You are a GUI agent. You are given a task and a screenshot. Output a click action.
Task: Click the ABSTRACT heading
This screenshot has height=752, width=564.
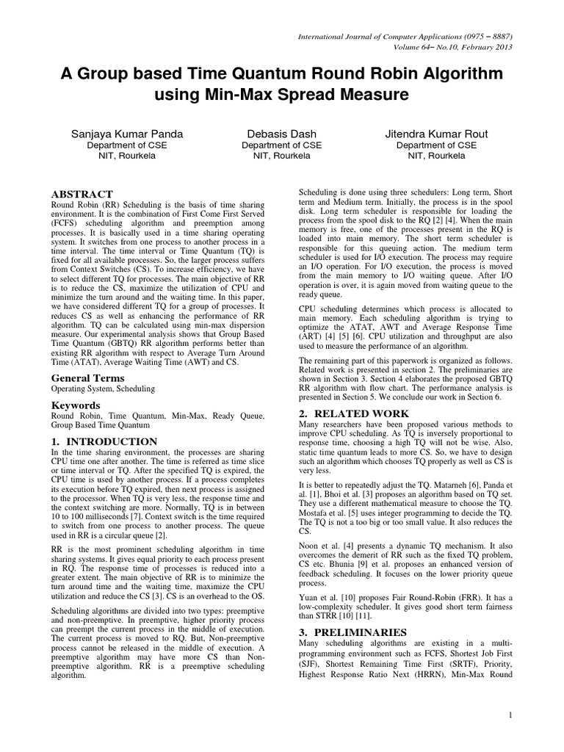click(x=82, y=193)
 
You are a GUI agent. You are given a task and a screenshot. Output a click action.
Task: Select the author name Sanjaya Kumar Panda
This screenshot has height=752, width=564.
click(x=128, y=134)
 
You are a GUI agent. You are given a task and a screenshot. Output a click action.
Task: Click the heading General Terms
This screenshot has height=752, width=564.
click(x=86, y=376)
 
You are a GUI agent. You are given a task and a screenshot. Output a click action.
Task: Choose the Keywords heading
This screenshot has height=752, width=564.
click(x=75, y=405)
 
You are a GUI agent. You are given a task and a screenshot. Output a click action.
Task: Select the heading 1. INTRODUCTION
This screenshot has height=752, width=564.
click(x=104, y=441)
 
